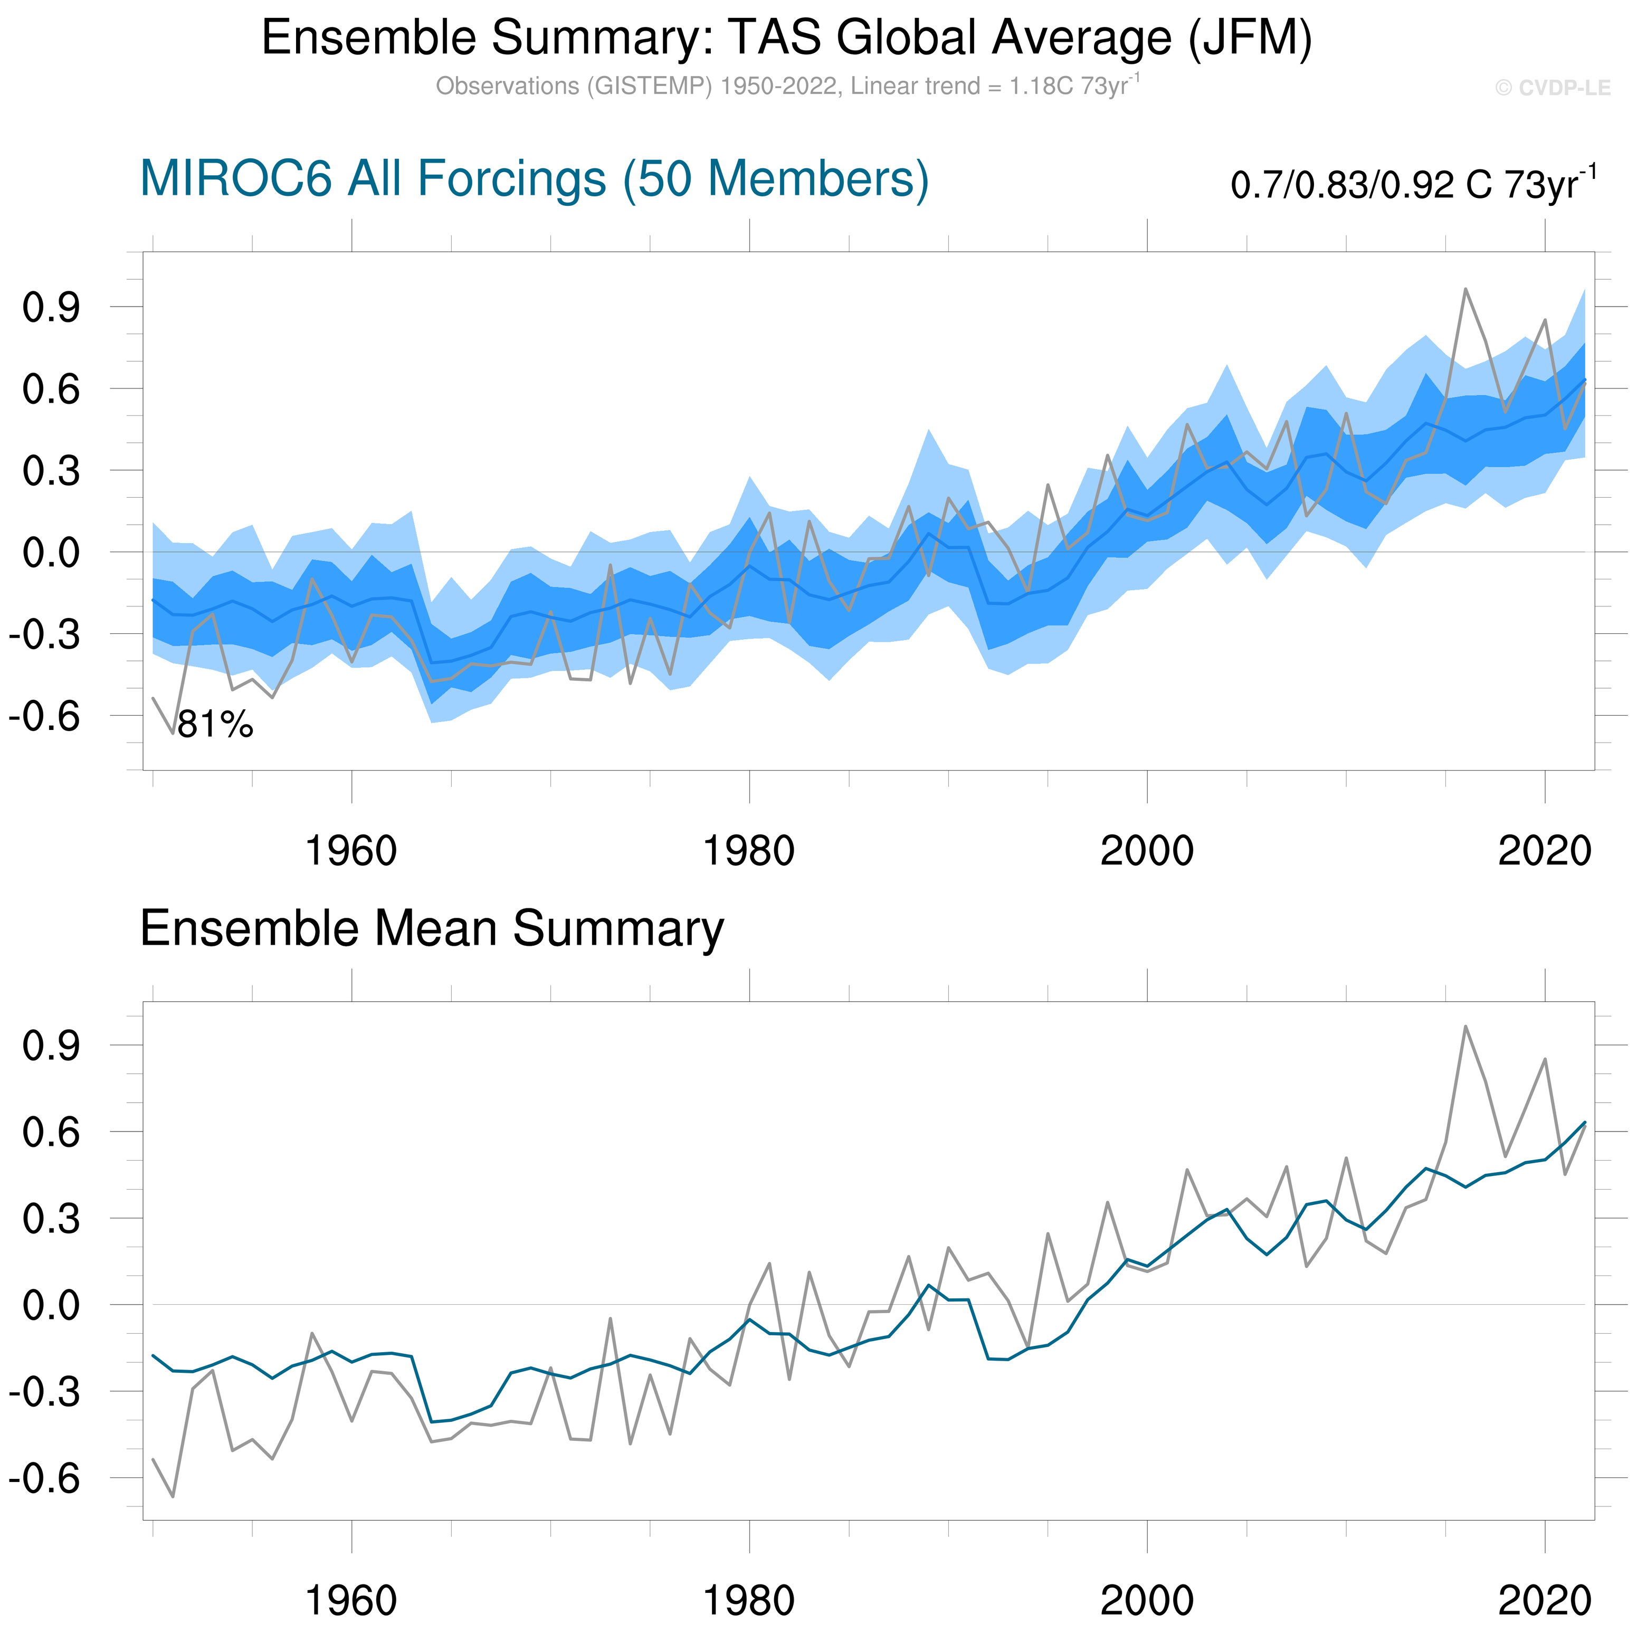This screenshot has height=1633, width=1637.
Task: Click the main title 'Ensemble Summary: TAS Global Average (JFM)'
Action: click(786, 38)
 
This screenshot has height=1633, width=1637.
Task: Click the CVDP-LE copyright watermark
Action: click(1552, 88)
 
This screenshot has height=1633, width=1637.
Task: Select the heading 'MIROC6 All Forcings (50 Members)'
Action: click(534, 179)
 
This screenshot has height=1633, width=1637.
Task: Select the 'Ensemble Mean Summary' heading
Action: click(432, 929)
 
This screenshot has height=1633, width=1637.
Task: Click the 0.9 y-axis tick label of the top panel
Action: click(51, 308)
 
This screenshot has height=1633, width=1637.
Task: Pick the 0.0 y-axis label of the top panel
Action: click(51, 553)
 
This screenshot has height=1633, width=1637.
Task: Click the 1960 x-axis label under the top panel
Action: click(351, 851)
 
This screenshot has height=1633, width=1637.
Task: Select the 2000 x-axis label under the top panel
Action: click(1146, 851)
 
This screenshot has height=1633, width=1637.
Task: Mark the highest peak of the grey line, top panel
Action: click(1465, 289)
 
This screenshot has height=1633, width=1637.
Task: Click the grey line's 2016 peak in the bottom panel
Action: click(1465, 1026)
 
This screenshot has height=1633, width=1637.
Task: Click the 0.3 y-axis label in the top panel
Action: click(51, 471)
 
